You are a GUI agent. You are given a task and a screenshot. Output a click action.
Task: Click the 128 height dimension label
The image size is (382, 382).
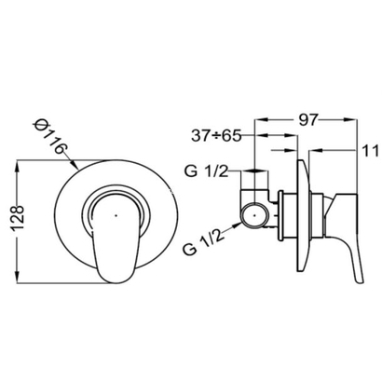(18, 217)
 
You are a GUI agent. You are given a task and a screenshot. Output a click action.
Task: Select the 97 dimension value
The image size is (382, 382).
(308, 120)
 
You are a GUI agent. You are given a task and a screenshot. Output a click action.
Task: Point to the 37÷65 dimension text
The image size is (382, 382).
(216, 136)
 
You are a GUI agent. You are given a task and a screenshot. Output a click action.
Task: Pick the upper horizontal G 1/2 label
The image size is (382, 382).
(206, 171)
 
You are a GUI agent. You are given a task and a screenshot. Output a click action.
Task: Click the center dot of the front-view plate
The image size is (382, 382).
(116, 214)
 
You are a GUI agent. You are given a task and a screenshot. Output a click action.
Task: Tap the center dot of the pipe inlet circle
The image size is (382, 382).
(254, 215)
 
